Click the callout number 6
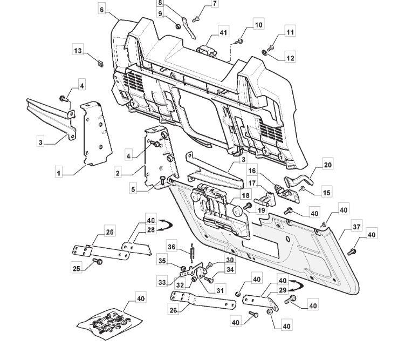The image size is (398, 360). click(x=102, y=10)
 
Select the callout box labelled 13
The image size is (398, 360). click(x=78, y=51)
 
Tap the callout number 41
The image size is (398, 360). click(x=223, y=32)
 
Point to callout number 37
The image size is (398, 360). click(x=356, y=227)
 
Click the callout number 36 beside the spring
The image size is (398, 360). click(x=171, y=247)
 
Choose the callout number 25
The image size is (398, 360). click(x=77, y=268)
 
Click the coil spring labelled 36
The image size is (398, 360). click(x=192, y=253)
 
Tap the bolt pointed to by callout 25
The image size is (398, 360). click(x=98, y=261)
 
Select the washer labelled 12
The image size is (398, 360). click(x=264, y=52)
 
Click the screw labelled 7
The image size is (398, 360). click(x=195, y=19)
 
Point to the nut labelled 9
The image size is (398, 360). click(x=178, y=26)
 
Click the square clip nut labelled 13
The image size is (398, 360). click(x=100, y=63)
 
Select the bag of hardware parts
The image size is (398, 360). click(x=110, y=324)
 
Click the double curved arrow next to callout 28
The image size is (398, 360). click(x=166, y=225)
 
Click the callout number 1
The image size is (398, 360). click(x=59, y=173)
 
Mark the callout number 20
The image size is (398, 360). click(x=328, y=165)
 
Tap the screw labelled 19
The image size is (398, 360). click(x=248, y=206)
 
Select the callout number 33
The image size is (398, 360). click(x=162, y=282)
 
